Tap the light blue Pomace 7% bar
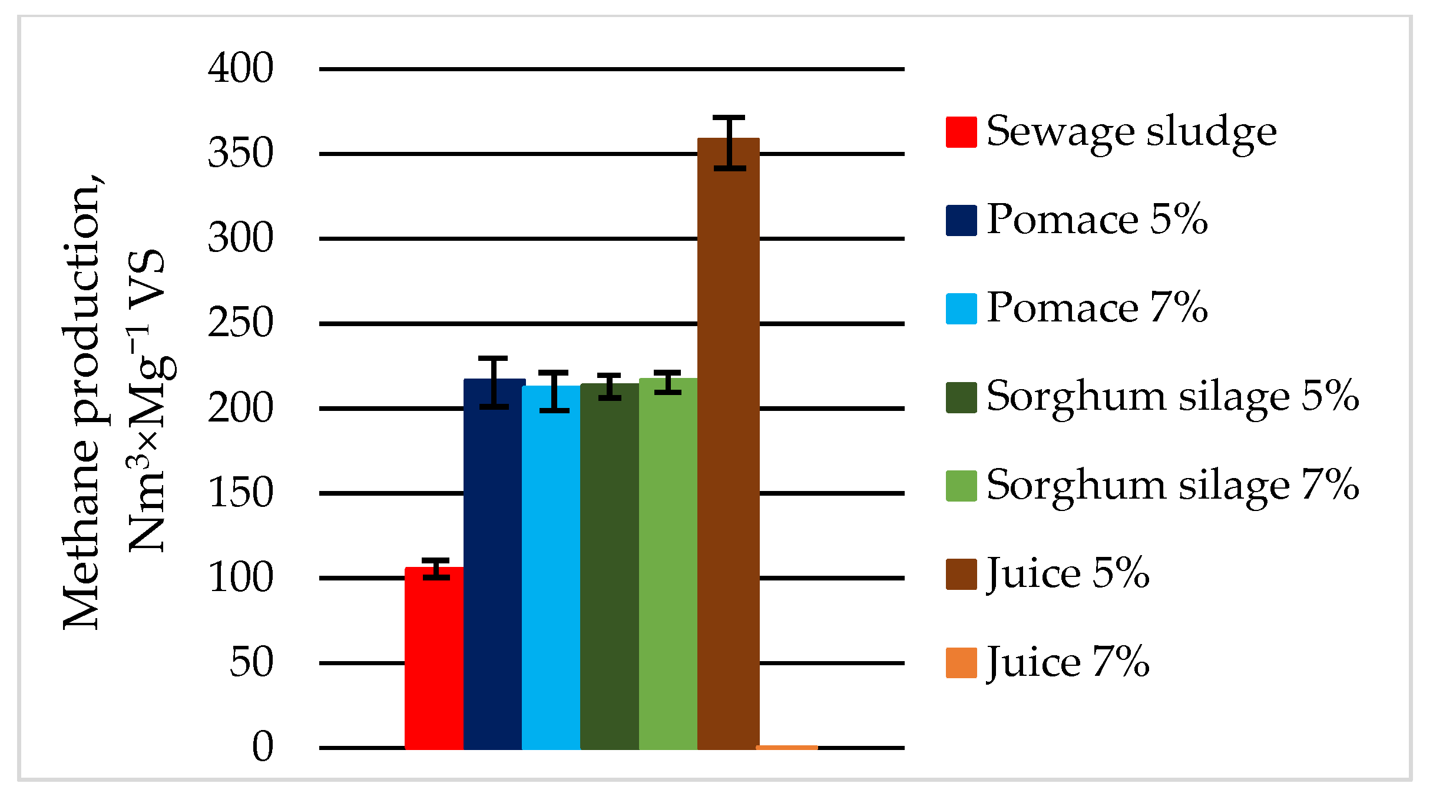pyautogui.click(x=551, y=568)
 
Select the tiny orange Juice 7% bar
pyautogui.click(x=787, y=747)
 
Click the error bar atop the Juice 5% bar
pyautogui.click(x=730, y=143)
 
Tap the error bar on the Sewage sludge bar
pyautogui.click(x=436, y=569)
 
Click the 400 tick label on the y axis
pyautogui.click(x=241, y=68)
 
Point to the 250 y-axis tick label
pyautogui.click(x=241, y=323)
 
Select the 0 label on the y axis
pyautogui.click(x=263, y=747)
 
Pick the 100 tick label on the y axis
pyautogui.click(x=241, y=578)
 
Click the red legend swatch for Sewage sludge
pyautogui.click(x=961, y=132)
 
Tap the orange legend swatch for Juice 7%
pyautogui.click(x=961, y=663)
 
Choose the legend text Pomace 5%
pyautogui.click(x=1097, y=220)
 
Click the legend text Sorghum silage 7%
pyautogui.click(x=1172, y=486)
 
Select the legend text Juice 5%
pyautogui.click(x=1068, y=573)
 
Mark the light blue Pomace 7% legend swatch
pyautogui.click(x=961, y=309)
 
